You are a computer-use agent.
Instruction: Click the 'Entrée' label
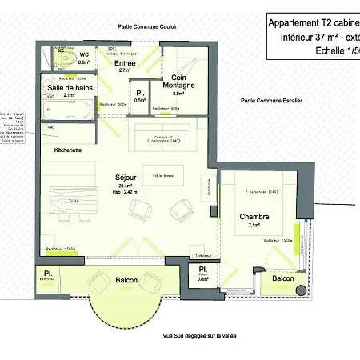125,62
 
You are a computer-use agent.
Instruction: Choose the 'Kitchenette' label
68,150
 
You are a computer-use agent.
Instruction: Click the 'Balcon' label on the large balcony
126,280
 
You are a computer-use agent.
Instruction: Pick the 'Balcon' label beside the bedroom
282,278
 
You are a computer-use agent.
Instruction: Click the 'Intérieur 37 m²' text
312,37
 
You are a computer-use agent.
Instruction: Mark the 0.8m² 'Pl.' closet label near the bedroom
203,270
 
